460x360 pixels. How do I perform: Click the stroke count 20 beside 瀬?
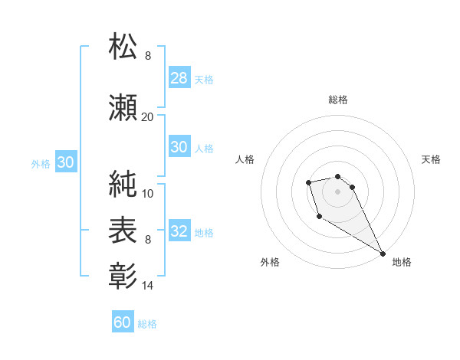[147, 116]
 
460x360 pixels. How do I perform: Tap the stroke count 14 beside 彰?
[147, 286]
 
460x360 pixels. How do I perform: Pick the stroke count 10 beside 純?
[147, 194]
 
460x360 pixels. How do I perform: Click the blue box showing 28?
[179, 78]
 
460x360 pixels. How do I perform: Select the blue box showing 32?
[179, 231]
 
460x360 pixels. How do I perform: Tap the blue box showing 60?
[123, 322]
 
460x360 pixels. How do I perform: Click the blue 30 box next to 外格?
[65, 162]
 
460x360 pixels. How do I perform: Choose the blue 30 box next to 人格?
[179, 147]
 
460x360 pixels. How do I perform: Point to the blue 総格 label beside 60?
[147, 324]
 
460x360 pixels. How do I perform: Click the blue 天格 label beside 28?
[203, 79]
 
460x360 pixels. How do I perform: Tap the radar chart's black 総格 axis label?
[337, 100]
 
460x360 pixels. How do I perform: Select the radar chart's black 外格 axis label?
[270, 262]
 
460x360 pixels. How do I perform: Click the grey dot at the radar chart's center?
[337, 190]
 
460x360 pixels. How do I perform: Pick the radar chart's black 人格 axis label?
[245, 159]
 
